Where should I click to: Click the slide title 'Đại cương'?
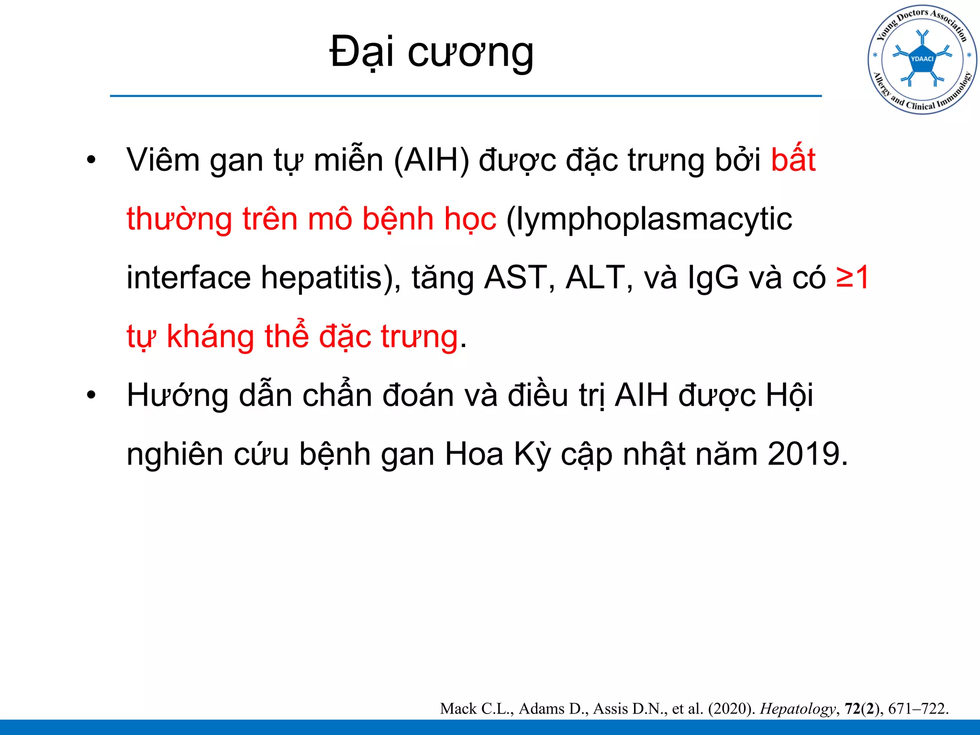tap(431, 52)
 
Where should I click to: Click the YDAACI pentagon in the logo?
tap(922, 59)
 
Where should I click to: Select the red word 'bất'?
tap(793, 160)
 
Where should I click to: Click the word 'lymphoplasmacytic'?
tap(649, 220)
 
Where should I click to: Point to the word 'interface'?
tap(189, 278)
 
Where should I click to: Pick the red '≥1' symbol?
tap(853, 278)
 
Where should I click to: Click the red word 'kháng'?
tap(210, 337)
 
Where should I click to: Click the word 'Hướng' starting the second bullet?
tap(178, 396)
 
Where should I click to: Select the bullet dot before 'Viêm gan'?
tap(91, 160)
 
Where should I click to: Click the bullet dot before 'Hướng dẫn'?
tap(91, 396)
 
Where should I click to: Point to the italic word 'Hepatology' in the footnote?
tap(797, 709)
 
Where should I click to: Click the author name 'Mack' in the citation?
tap(458, 709)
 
